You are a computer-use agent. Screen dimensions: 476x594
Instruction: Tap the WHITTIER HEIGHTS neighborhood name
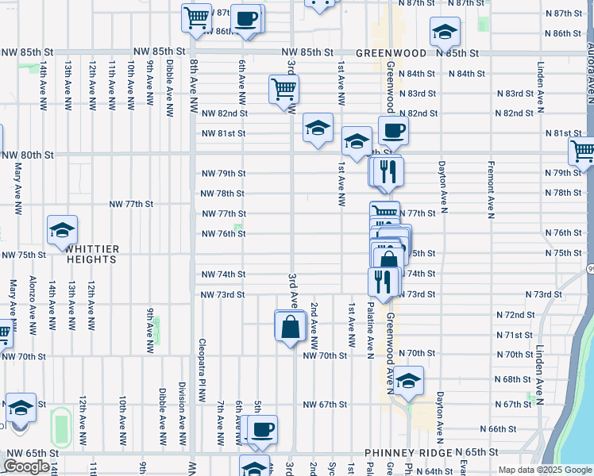(x=91, y=255)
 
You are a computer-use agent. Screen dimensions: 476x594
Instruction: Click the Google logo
(x=26, y=467)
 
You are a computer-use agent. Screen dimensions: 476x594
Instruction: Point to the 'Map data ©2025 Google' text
(x=544, y=470)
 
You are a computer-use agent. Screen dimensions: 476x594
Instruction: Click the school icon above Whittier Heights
(x=62, y=231)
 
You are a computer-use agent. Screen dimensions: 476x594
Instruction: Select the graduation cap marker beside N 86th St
(x=445, y=33)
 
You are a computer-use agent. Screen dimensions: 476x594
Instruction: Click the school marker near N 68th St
(x=408, y=382)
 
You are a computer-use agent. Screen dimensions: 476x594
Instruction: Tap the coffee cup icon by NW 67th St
(x=261, y=430)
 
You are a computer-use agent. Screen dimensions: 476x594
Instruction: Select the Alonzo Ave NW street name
(x=32, y=302)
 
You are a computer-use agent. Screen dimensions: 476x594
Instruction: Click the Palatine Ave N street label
(x=370, y=328)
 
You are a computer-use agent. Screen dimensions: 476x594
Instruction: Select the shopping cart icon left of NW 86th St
(x=195, y=17)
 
